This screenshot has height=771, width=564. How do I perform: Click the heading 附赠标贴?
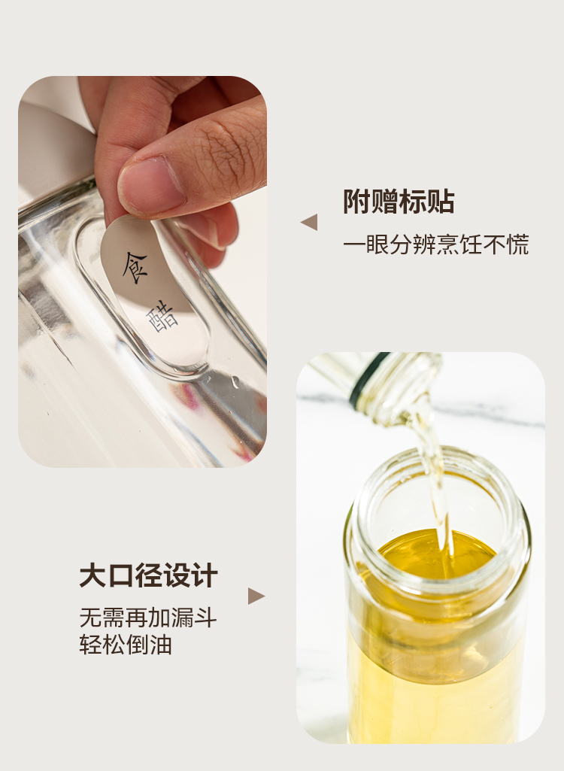click(x=399, y=202)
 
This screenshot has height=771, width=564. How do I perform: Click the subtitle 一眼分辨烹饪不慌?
click(x=435, y=244)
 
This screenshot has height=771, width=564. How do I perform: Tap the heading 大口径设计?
click(x=148, y=575)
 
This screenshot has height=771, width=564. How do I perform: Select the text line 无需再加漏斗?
click(x=148, y=618)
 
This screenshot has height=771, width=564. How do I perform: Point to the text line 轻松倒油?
click(x=126, y=645)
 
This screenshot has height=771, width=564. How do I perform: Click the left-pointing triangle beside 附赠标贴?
click(x=309, y=222)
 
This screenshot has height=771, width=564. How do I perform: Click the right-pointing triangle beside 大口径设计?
click(x=256, y=596)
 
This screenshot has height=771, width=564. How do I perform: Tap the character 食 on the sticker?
click(x=135, y=267)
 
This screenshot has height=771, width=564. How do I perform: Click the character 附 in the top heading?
click(x=356, y=202)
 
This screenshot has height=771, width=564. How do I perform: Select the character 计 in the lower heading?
click(x=205, y=575)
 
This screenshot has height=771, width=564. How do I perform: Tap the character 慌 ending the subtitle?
click(x=518, y=244)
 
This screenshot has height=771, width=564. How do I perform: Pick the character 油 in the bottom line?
click(x=161, y=645)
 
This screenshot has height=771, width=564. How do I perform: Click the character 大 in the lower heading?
click(x=93, y=575)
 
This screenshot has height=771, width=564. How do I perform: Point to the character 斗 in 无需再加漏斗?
click(x=205, y=618)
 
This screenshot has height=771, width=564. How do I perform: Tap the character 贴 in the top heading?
click(x=441, y=202)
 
